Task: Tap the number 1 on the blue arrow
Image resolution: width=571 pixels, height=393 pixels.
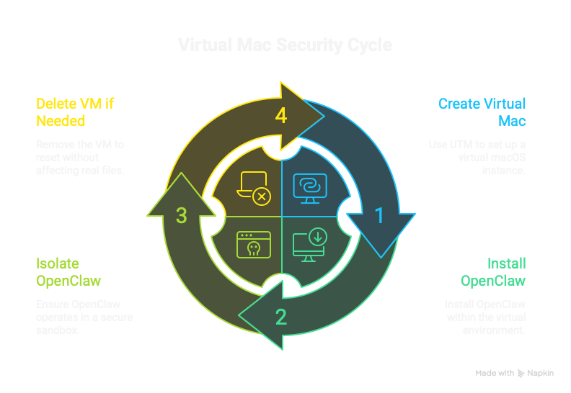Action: tap(379, 215)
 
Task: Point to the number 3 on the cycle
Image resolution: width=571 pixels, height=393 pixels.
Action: tap(182, 216)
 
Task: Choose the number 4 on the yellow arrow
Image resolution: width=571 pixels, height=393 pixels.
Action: tap(281, 116)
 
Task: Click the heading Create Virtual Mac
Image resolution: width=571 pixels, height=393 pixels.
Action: tap(482, 112)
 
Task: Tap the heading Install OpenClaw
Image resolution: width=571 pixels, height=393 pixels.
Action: tap(493, 271)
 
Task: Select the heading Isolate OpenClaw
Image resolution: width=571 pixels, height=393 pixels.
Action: tap(68, 271)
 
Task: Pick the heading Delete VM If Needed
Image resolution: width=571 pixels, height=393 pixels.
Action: tap(75, 112)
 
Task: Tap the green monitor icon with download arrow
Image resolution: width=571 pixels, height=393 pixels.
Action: tap(310, 243)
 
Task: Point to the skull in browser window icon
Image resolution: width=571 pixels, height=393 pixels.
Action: tap(252, 244)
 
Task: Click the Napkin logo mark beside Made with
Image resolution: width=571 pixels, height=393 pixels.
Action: tap(521, 374)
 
